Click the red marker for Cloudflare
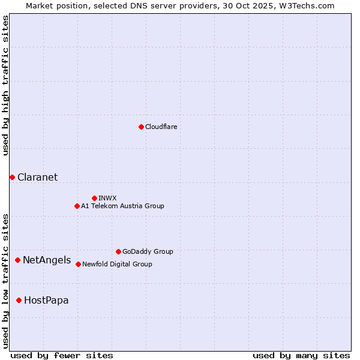coord(141,127)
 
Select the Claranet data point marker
coord(12,177)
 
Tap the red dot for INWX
coord(94,198)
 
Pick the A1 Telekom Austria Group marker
coord(77,206)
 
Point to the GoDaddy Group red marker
coord(118,251)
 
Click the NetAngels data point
coord(18,260)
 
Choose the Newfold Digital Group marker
coord(78,264)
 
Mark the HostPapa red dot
coord(19,300)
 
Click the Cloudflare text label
coord(161,127)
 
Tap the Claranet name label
coord(37,177)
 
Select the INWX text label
coord(107,198)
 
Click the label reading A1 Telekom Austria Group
coord(122,206)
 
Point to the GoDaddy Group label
coord(148,251)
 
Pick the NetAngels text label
coord(47,260)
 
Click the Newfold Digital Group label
coord(117,264)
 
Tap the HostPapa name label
coord(46,300)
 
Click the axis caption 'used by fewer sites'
coord(62,355)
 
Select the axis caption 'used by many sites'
coord(301,355)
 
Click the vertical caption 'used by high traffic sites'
coord(5,85)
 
